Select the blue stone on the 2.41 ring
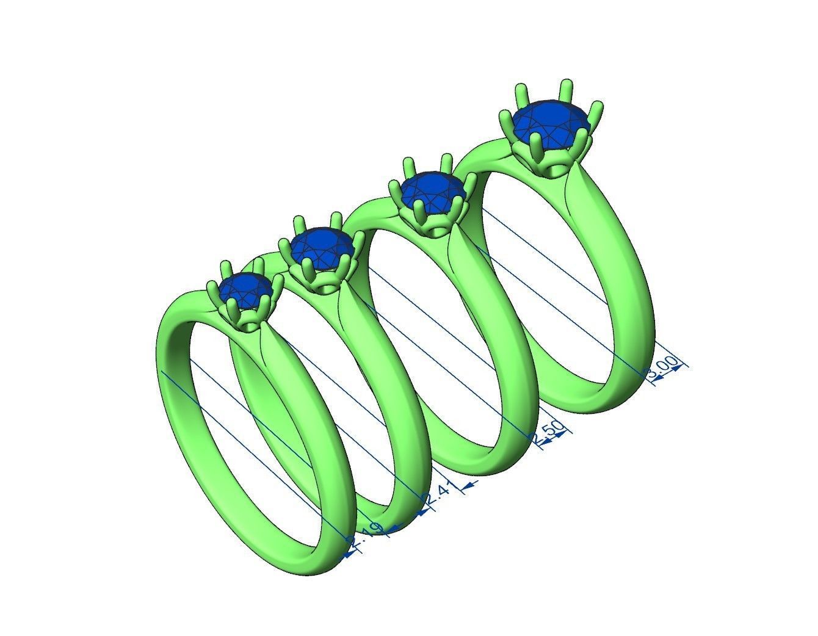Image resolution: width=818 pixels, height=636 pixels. coord(322,247)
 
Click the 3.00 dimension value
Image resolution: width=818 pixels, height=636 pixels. coord(665,369)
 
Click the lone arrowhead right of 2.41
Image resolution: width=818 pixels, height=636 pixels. coord(469,486)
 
